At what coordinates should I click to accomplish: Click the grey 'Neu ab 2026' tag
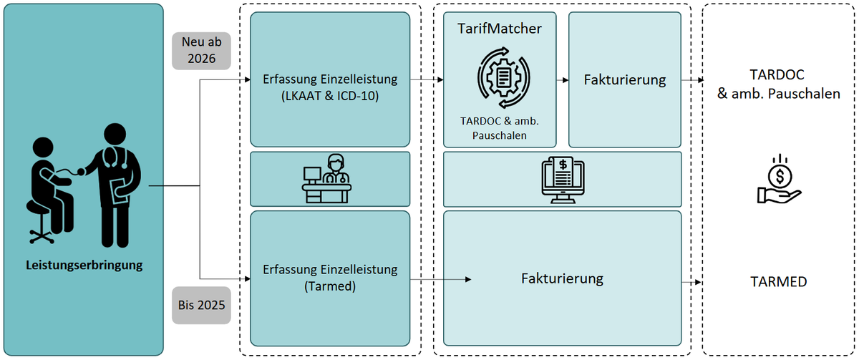pos(201,51)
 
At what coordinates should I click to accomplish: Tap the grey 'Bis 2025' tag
pos(201,305)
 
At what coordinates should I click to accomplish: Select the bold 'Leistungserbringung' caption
pos(84,266)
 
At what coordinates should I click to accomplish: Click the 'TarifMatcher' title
pos(500,29)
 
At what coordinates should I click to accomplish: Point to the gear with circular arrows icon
pos(503,78)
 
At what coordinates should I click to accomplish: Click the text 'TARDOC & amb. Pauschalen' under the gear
pos(500,128)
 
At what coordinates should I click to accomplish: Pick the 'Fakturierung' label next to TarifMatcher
pos(625,79)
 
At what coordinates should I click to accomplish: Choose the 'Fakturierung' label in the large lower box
pos(562,278)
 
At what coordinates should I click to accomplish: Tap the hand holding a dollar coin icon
pos(780,179)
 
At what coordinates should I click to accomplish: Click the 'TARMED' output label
pos(779,282)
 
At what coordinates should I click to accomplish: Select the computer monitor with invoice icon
pos(563,180)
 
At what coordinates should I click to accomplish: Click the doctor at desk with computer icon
pos(326,179)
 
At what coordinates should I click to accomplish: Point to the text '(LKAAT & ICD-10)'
pos(330,96)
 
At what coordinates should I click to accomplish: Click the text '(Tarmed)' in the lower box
pos(330,286)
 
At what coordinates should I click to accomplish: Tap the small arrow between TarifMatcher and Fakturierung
pos(562,80)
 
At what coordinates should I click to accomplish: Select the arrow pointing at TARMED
pos(691,283)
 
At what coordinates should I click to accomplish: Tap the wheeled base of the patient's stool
pos(42,235)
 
